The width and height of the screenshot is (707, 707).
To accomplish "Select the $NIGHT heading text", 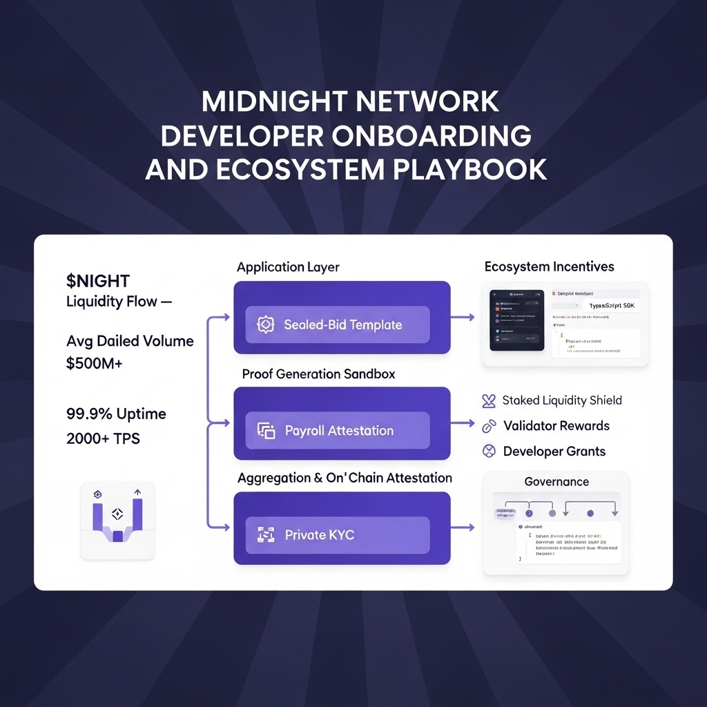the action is click(x=98, y=281).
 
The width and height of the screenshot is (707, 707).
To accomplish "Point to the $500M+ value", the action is click(x=94, y=363).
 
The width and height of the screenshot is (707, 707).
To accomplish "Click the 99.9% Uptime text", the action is click(x=116, y=414).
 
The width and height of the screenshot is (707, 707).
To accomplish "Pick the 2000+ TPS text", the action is click(x=103, y=438).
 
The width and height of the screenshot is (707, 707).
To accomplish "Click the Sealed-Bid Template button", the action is click(x=338, y=325).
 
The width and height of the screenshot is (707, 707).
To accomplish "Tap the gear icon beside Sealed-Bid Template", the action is click(x=266, y=325).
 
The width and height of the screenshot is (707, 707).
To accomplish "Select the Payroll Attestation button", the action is click(x=338, y=430).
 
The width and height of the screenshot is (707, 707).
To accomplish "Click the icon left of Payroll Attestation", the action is click(x=266, y=431).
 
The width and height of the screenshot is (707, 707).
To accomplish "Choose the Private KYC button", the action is click(x=338, y=534).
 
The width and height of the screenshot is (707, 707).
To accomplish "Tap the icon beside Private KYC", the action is click(x=266, y=534).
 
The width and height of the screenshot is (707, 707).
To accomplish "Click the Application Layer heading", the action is click(x=288, y=267).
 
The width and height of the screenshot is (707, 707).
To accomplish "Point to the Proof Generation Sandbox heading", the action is click(x=318, y=374).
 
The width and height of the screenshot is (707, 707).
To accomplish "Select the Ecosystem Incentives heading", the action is click(x=549, y=267).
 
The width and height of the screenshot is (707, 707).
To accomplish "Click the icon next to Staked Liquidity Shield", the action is click(x=489, y=400).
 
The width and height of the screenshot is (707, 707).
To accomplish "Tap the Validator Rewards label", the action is click(x=556, y=426).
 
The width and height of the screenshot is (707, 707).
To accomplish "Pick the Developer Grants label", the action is click(x=554, y=452).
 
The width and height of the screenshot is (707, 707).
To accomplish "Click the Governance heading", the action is click(x=556, y=482).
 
